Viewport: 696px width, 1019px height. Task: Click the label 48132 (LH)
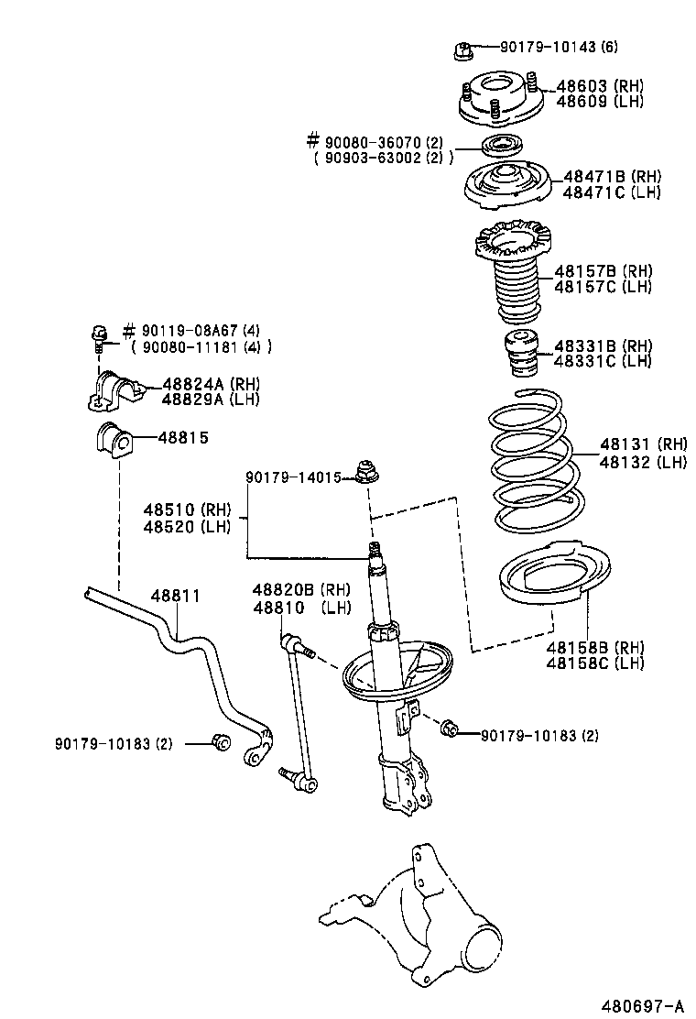click(643, 462)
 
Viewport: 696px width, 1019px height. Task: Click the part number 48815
click(183, 438)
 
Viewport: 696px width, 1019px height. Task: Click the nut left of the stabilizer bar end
click(219, 742)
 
